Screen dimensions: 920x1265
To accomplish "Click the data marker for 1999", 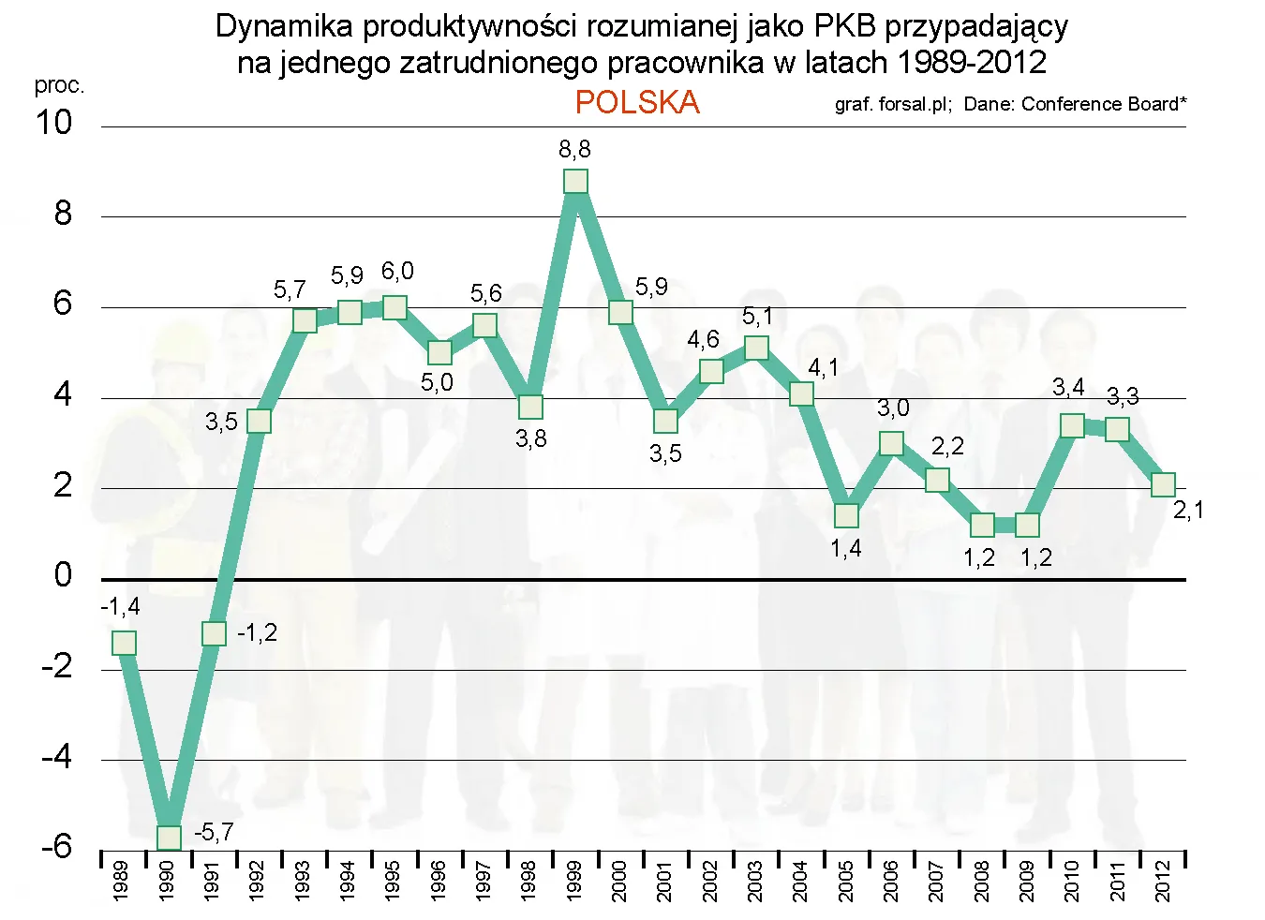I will (x=575, y=181).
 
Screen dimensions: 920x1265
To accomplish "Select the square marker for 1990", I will (x=169, y=837).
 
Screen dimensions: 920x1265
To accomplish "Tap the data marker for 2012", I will (x=1163, y=484).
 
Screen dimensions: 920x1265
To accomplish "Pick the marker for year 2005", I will (x=846, y=515).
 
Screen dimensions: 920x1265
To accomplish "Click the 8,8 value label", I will (x=574, y=149).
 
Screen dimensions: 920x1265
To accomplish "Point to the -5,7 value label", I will (x=214, y=832).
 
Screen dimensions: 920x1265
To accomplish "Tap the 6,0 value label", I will (x=397, y=272).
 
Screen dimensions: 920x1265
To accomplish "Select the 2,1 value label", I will (x=1188, y=511).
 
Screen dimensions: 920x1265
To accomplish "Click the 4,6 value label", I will (x=703, y=339).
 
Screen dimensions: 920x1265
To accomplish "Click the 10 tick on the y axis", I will (x=53, y=123).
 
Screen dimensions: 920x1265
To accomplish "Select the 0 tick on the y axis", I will (x=63, y=574).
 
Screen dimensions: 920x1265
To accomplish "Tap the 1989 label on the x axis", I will (x=121, y=881).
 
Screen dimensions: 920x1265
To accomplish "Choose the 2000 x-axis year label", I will (x=618, y=881).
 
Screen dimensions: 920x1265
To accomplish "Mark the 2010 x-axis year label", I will (x=1071, y=881).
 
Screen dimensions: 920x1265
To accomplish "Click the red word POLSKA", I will (x=637, y=102).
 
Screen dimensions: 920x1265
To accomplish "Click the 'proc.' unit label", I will (x=59, y=85).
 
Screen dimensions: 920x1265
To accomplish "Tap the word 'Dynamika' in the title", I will (x=271, y=26).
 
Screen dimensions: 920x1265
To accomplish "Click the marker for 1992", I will (x=259, y=421).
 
